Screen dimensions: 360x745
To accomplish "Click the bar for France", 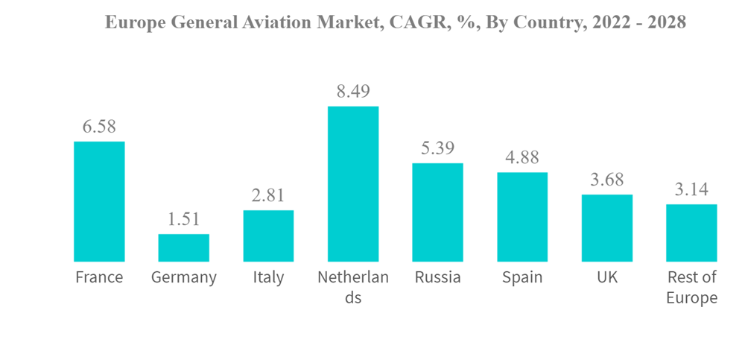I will (99, 201).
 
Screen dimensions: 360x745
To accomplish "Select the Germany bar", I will (183, 247).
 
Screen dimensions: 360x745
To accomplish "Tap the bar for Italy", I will (268, 236).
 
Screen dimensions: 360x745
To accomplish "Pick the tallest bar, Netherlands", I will (353, 183).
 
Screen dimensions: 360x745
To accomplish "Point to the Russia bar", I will (437, 212).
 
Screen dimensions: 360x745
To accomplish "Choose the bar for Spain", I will (522, 217).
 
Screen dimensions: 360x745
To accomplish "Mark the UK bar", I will (607, 228).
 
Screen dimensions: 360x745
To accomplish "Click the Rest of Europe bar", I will (691, 233).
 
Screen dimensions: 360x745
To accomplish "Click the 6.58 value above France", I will (99, 127).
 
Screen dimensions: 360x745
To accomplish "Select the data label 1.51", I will (183, 219).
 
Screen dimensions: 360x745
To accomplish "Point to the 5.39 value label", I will (437, 148).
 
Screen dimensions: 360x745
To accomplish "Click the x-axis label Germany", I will (183, 278).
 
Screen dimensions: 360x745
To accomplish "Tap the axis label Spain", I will (522, 278).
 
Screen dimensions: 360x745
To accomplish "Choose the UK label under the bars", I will (607, 278).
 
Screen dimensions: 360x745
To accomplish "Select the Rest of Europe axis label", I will (691, 288).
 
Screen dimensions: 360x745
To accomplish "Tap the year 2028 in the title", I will (665, 23).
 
